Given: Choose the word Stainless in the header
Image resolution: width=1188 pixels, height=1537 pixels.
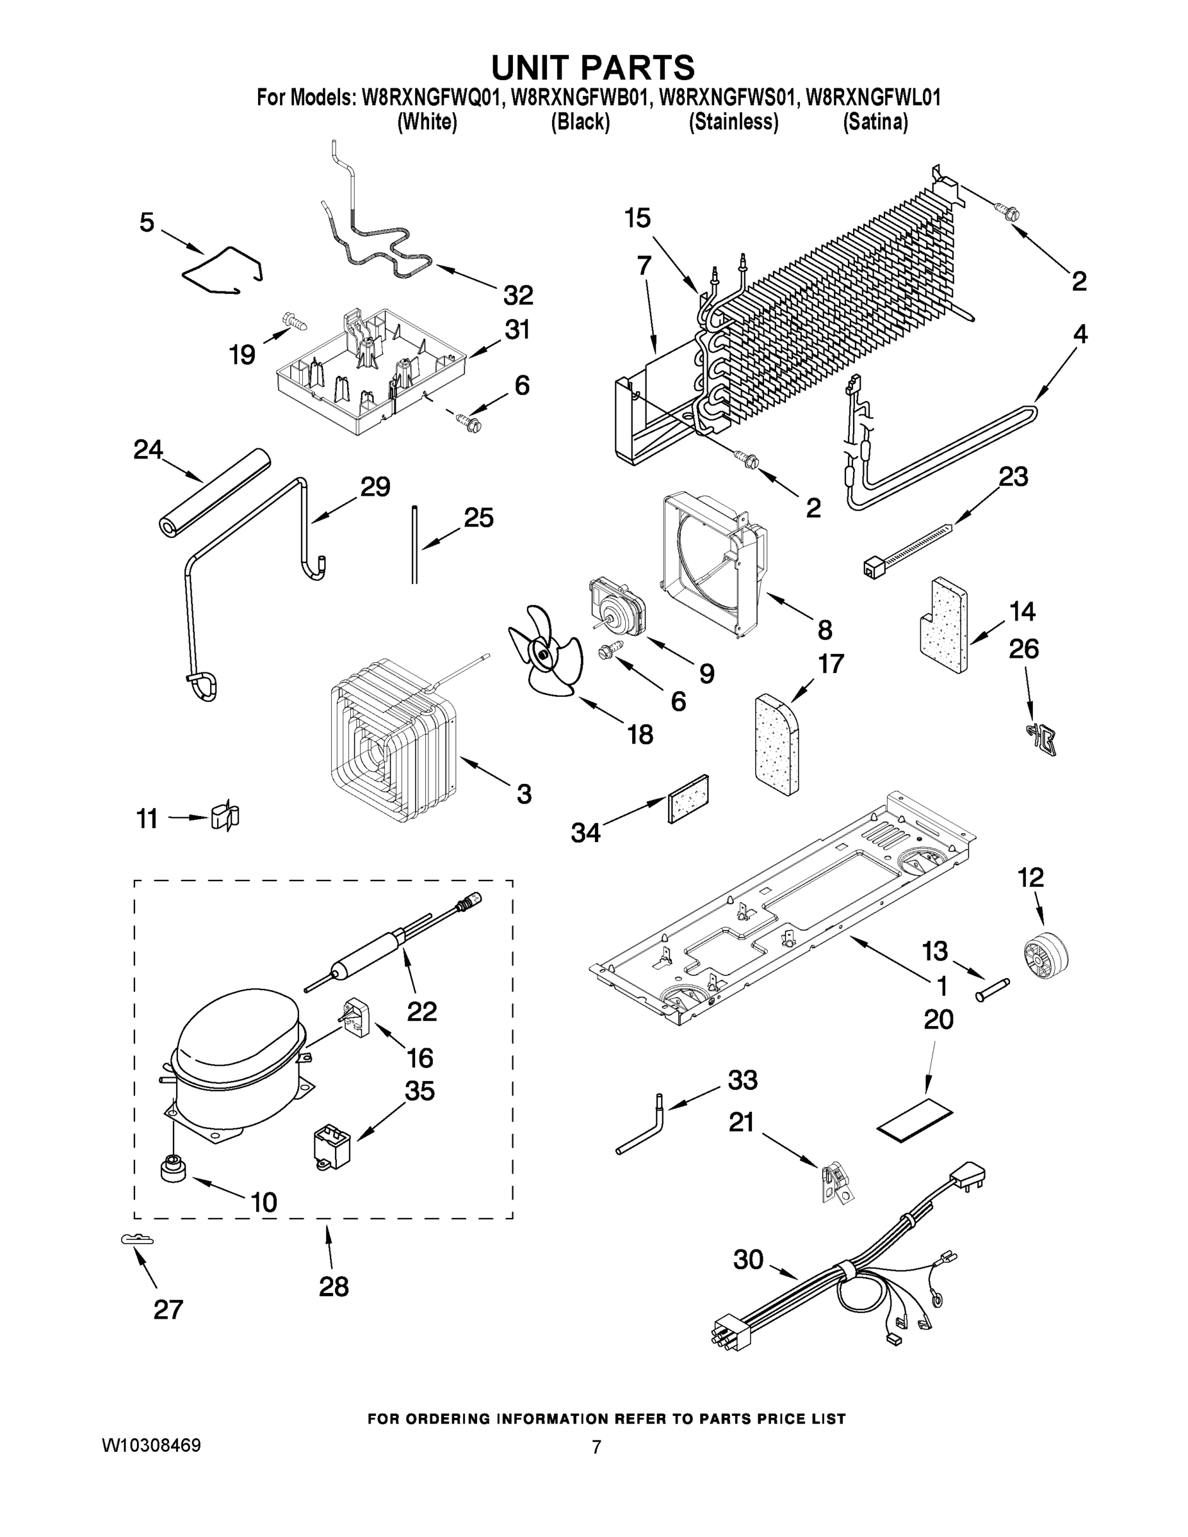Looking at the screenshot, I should tap(733, 122).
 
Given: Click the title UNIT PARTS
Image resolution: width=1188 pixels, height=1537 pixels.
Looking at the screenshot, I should tap(592, 67).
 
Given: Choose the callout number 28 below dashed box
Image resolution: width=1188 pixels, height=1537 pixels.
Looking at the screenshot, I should tap(334, 1287).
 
